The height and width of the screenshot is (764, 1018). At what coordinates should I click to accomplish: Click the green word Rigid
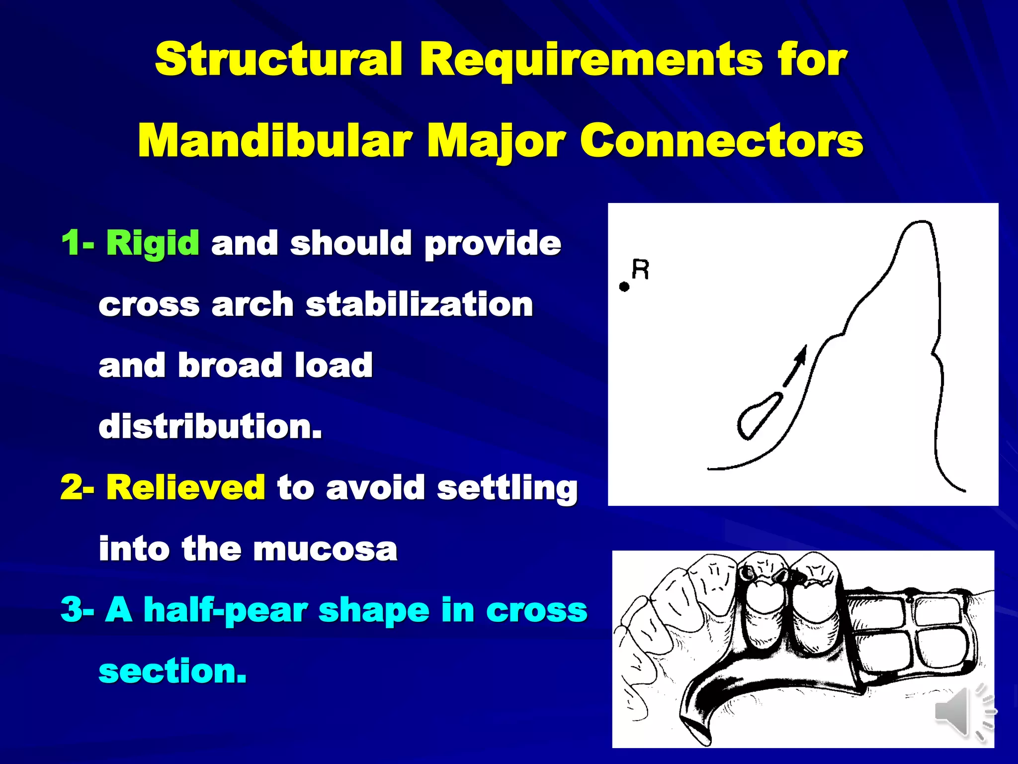click(x=153, y=243)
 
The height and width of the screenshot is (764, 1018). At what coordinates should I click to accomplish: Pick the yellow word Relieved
click(x=185, y=487)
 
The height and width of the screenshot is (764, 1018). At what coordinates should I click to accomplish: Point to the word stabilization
click(x=419, y=304)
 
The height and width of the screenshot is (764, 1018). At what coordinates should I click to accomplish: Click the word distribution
click(x=210, y=426)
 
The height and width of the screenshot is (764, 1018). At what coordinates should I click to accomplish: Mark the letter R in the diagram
click(x=640, y=270)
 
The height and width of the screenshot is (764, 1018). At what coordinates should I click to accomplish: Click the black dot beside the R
click(x=624, y=286)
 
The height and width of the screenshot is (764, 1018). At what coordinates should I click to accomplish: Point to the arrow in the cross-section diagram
click(x=795, y=366)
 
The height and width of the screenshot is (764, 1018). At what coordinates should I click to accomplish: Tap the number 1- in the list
click(x=78, y=243)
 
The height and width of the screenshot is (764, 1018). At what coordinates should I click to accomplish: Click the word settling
click(x=507, y=487)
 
